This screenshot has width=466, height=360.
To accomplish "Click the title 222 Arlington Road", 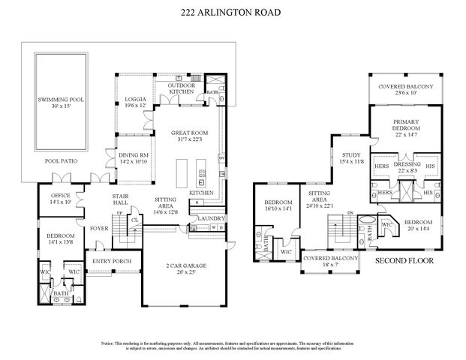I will pyautogui.click(x=233, y=12).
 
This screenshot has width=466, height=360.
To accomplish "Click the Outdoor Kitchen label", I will pyautogui.click(x=181, y=88).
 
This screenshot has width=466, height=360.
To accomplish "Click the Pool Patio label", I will pyautogui.click(x=61, y=160).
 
